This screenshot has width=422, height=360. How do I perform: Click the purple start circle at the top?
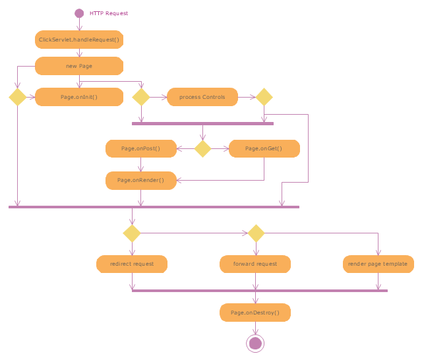pyautogui.click(x=79, y=13)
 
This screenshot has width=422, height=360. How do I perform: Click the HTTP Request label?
pyautogui.click(x=109, y=13)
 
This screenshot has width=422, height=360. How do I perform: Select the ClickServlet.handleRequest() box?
pyautogui.click(x=79, y=40)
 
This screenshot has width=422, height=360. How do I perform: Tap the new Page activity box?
pyautogui.click(x=79, y=66)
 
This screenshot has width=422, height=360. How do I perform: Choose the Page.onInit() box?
pyautogui.click(x=79, y=97)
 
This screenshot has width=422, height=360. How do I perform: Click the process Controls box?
pyautogui.click(x=202, y=97)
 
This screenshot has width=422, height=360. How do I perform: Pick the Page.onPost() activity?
pyautogui.click(x=141, y=148)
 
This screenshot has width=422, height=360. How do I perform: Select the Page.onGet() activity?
pyautogui.click(x=264, y=148)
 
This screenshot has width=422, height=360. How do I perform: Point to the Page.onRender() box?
pyautogui.click(x=141, y=180)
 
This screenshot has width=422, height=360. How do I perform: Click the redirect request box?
pyautogui.click(x=132, y=264)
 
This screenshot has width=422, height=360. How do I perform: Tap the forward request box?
pyautogui.click(x=255, y=264)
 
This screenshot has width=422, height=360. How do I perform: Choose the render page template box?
pyautogui.click(x=378, y=264)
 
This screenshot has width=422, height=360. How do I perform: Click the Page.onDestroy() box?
pyautogui.click(x=255, y=313)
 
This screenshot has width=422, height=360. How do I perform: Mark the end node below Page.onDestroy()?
pyautogui.click(x=255, y=343)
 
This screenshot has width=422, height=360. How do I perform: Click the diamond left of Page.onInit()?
pyautogui.click(x=17, y=97)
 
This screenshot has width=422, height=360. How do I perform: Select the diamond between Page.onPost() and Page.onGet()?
pyautogui.click(x=202, y=148)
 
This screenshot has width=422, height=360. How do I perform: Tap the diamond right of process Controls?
pyautogui.click(x=264, y=97)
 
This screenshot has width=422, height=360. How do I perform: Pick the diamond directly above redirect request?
pyautogui.click(x=132, y=233)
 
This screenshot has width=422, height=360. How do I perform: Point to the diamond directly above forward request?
pyautogui.click(x=255, y=233)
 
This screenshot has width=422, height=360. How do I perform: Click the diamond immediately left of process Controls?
pyautogui.click(x=141, y=97)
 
